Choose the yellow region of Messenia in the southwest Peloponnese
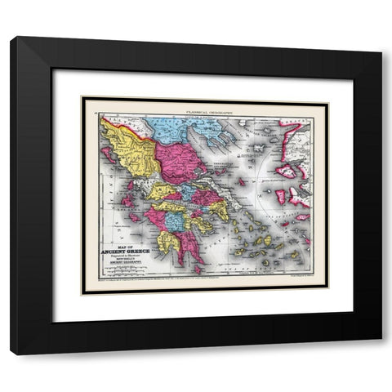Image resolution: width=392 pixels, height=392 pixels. (x=167, y=242)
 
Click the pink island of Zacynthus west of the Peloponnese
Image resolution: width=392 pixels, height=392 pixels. (x=133, y=218)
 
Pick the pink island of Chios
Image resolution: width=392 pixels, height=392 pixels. (x=280, y=197)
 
